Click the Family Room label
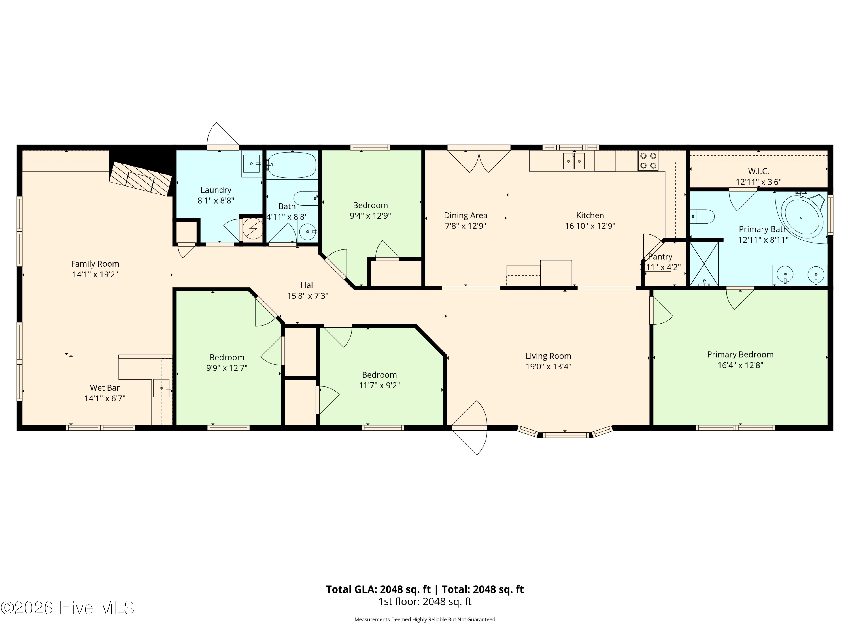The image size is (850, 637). [95, 264]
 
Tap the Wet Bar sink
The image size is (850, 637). [161, 388]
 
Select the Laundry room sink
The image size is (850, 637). [251, 164]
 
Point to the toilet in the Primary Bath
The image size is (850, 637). [702, 217]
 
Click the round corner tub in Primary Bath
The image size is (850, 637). [801, 218]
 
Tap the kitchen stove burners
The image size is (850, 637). [648, 161]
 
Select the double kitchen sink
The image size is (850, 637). [574, 161]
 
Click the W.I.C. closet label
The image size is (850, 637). [758, 171]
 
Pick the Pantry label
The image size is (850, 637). [660, 256]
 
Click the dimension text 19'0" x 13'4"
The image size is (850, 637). [548, 367]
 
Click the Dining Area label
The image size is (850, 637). [466, 216]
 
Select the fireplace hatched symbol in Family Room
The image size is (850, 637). [140, 179]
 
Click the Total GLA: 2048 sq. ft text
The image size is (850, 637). [379, 589]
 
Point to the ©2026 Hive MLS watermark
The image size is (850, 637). [68, 608]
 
